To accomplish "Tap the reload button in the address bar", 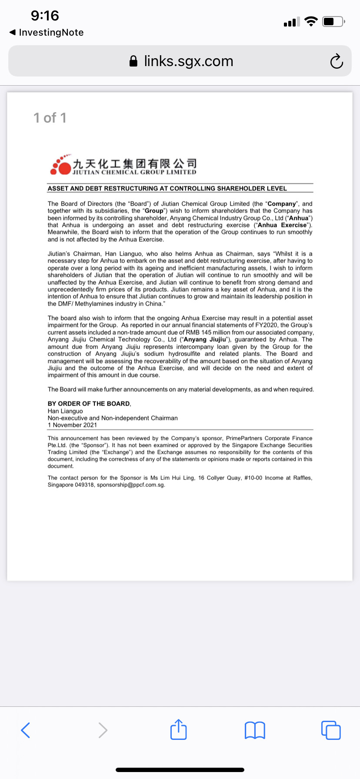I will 337,61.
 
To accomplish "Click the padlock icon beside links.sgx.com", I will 134,61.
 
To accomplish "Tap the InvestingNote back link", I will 47,33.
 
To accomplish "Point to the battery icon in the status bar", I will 333,21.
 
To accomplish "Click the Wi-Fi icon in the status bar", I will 311,21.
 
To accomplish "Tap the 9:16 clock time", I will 45,16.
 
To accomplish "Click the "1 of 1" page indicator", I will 50,118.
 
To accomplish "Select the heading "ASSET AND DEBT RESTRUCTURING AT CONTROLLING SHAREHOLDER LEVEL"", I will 167,189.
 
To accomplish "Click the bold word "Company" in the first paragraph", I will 281,204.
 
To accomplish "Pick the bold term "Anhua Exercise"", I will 282,225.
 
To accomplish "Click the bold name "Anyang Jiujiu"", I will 204,340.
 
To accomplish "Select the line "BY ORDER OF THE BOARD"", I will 89,404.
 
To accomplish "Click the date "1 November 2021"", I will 72,425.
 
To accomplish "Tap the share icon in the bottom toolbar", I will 179,730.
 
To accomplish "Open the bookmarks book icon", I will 255,730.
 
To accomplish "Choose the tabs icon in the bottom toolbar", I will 331,730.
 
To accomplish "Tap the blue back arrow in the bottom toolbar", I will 26,730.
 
